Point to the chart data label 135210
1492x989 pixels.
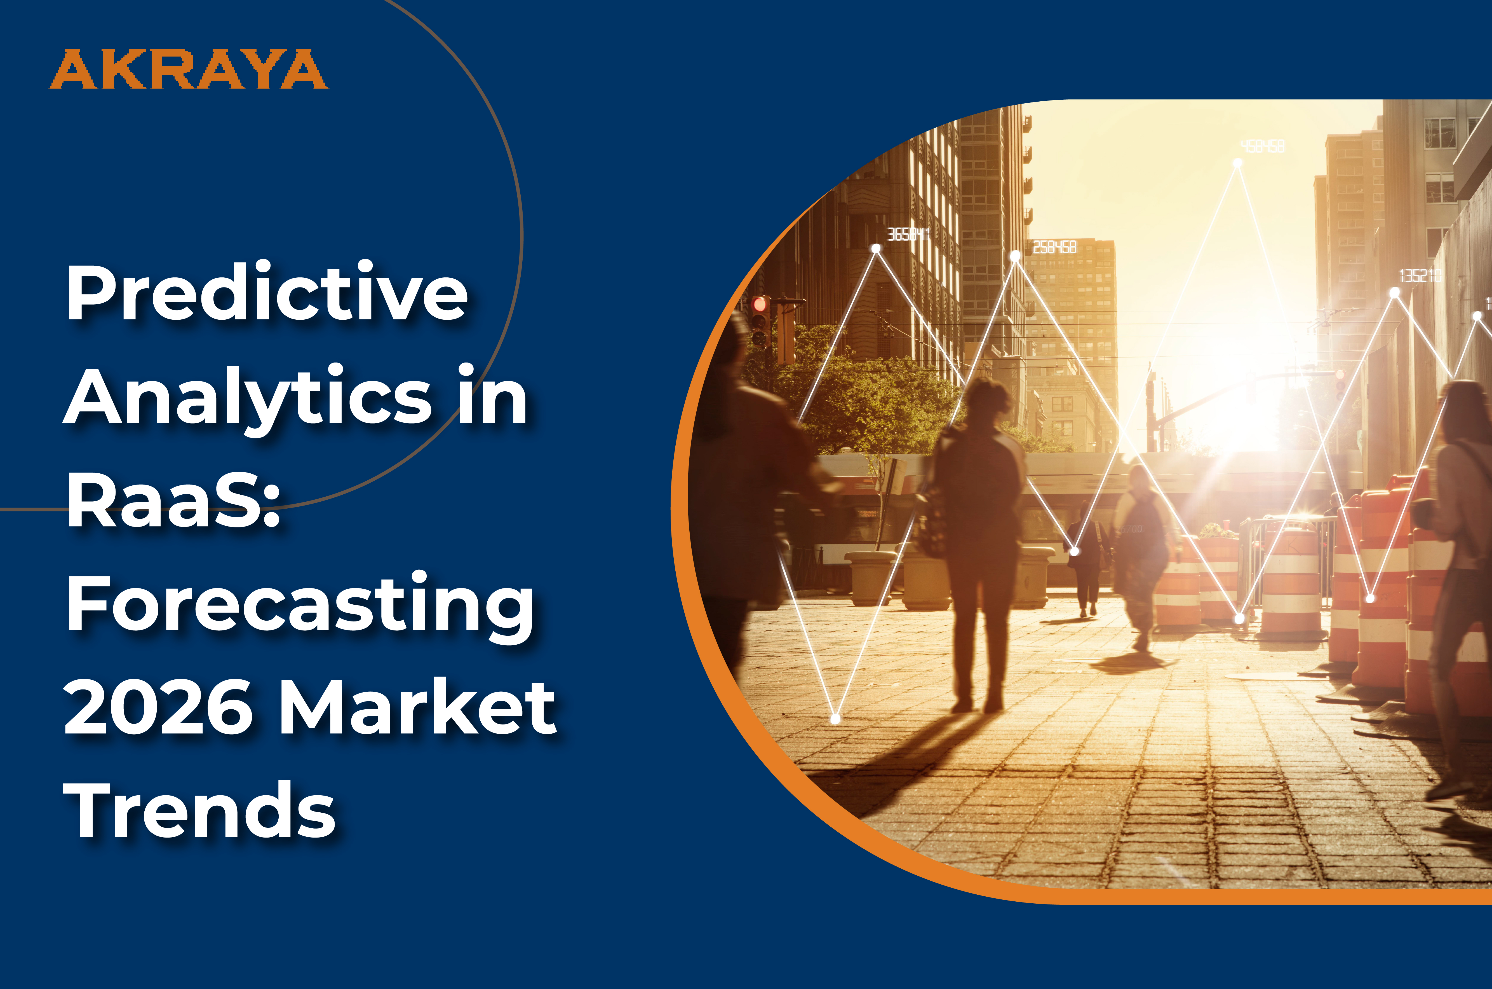coord(1420,276)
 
